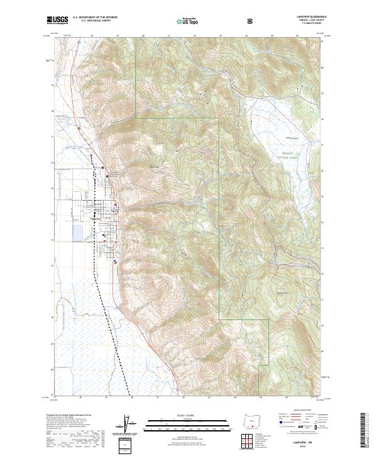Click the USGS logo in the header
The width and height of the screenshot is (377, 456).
[x=58, y=20]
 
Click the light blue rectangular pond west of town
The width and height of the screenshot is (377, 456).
[x=77, y=233]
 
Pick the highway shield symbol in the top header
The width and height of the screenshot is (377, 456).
[x=251, y=21]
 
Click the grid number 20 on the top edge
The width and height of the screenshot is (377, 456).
[x=143, y=36]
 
